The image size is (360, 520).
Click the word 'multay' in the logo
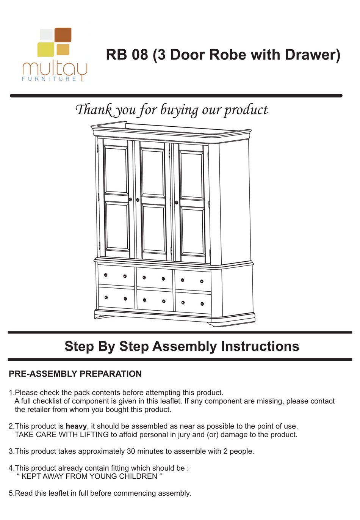coord(55,69)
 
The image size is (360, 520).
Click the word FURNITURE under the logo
coord(49,79)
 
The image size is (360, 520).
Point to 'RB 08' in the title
coord(127,55)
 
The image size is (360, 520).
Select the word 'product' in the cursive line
coord(246,110)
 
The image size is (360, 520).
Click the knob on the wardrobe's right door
coord(177,203)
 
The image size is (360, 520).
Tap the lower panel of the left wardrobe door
coord(117,226)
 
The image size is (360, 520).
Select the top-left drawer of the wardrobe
coord(116,276)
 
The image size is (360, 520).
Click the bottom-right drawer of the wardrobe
coord(193,303)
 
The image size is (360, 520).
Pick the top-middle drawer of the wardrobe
coord(154,278)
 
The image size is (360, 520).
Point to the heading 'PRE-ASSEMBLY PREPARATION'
coord(75,374)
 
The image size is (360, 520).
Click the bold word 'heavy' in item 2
coord(76,426)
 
